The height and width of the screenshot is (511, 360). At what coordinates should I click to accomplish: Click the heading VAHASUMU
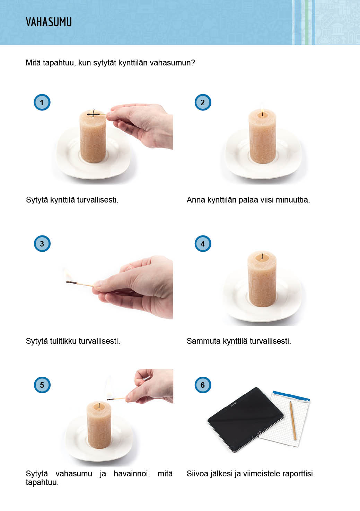(49, 22)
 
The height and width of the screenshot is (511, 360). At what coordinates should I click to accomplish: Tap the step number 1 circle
(42, 102)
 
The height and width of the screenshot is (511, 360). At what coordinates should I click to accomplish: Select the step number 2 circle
(203, 102)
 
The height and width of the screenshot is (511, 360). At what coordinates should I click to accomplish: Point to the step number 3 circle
(42, 243)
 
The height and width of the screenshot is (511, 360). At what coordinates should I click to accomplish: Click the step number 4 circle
(203, 243)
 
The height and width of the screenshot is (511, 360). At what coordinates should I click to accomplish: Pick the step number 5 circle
(42, 385)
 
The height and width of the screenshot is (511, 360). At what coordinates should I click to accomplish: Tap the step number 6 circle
(203, 385)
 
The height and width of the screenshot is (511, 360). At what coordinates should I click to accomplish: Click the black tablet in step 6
(246, 419)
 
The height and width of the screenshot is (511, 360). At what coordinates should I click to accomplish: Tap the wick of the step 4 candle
(262, 256)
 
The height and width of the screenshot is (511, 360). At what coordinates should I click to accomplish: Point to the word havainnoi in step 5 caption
(132, 474)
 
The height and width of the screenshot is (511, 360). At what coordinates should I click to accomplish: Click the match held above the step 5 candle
(116, 399)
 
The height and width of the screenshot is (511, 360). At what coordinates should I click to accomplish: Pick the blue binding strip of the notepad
(291, 396)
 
